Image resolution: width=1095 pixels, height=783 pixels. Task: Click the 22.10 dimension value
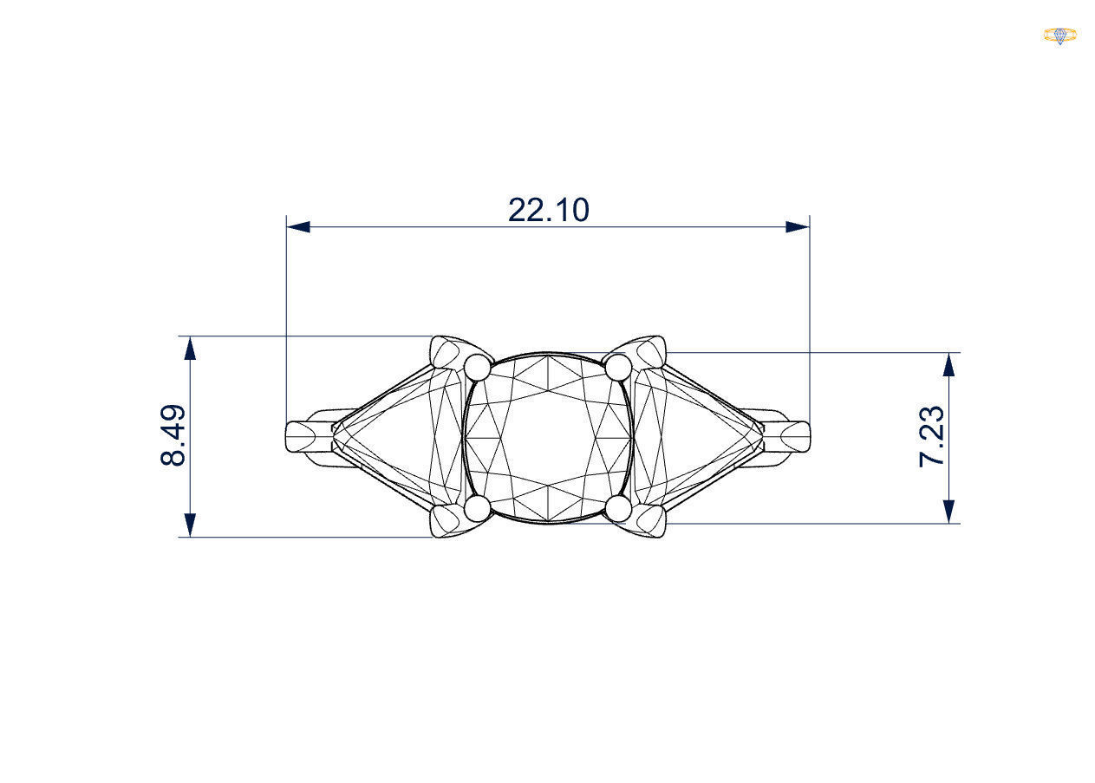[548, 210]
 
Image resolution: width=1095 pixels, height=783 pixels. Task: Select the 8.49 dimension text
[173, 435]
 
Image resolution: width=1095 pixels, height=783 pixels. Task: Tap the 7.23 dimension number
[932, 436]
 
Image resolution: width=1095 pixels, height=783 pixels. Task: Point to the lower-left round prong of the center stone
[478, 509]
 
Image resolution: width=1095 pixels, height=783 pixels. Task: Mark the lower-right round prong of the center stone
[618, 509]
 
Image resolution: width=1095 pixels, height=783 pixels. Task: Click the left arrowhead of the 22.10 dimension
[298, 227]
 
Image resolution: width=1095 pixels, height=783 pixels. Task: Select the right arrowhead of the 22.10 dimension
[798, 227]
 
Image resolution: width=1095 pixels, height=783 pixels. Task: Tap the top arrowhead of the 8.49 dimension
[190, 347]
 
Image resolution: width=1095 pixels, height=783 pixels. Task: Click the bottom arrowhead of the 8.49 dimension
[190, 525]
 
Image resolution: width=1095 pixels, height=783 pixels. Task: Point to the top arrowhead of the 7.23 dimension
[949, 364]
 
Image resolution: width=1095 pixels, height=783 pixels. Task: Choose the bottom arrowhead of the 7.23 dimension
[949, 512]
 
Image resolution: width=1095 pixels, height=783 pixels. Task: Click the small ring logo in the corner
[1059, 36]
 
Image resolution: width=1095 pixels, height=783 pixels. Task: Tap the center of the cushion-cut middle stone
[548, 438]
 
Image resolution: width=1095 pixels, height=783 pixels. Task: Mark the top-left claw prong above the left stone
[447, 350]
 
